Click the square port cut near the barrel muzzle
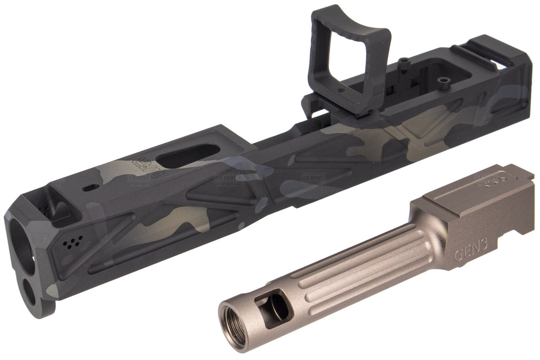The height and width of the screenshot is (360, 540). pyautogui.click(x=275, y=304)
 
